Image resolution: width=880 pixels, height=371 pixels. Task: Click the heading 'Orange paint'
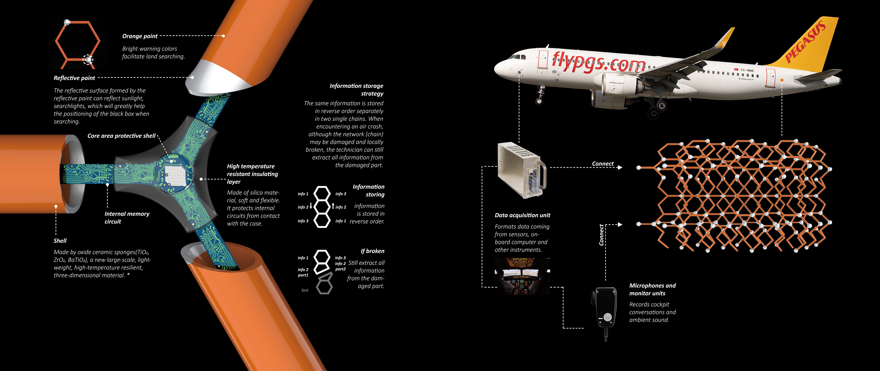coord(140,36)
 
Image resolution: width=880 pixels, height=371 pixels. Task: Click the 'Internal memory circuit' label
coord(127,218)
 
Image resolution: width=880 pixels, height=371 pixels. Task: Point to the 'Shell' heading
coord(60,241)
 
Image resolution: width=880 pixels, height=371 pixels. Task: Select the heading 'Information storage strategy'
coord(356,89)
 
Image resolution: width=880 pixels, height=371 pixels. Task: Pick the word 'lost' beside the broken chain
coord(305,290)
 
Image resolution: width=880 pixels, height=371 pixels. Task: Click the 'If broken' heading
coord(372,251)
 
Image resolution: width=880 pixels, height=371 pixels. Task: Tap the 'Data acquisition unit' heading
coord(522,215)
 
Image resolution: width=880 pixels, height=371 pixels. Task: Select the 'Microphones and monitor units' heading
coord(652,289)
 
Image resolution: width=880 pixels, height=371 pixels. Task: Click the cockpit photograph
coord(522,276)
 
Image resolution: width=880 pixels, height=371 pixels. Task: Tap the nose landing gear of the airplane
coord(540,96)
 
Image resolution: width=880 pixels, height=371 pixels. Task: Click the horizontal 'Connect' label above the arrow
coord(603,164)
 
